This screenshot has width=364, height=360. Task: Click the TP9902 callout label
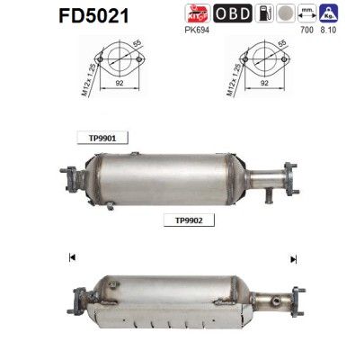point(182,219)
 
